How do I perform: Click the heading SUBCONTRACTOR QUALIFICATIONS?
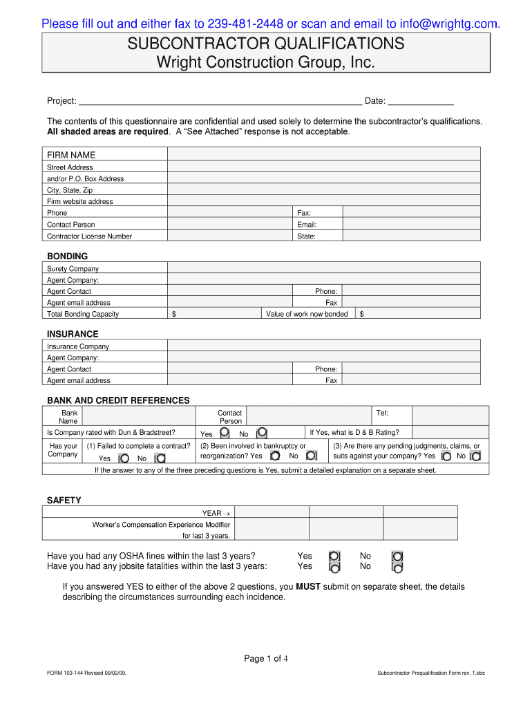(x=266, y=44)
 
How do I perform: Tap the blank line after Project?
(x=220, y=101)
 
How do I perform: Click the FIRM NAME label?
(x=71, y=155)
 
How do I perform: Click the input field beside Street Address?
(x=324, y=167)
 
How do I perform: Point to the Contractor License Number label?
(x=89, y=236)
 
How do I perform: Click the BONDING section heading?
(x=67, y=256)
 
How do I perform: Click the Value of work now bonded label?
(x=307, y=314)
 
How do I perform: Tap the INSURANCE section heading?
(x=73, y=334)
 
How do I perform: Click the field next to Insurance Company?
(x=324, y=346)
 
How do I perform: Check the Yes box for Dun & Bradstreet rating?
(x=225, y=434)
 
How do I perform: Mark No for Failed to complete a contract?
(x=160, y=458)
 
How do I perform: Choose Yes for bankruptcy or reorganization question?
(x=275, y=456)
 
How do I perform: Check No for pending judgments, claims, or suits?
(x=475, y=456)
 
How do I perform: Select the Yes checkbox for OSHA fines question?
(x=334, y=556)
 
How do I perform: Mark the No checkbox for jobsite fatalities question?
(x=397, y=567)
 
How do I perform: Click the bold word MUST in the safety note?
(x=307, y=586)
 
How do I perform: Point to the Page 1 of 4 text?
(x=266, y=658)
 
